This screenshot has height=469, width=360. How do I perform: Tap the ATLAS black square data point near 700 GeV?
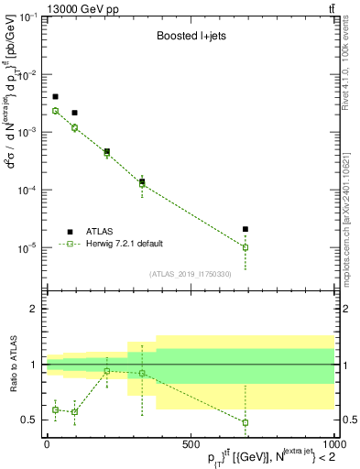pyautogui.click(x=245, y=229)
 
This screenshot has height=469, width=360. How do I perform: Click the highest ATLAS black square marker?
pyautogui.click(x=55, y=96)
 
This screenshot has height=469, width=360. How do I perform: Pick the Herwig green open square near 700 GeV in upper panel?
pyautogui.click(x=245, y=247)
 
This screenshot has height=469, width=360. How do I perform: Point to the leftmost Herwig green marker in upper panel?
pyautogui.click(x=55, y=111)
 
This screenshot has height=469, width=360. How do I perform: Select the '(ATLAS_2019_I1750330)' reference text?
pyautogui.click(x=189, y=274)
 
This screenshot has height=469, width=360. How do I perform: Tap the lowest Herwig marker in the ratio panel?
pyautogui.click(x=245, y=422)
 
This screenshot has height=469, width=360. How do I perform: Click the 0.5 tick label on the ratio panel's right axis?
pyautogui.click(x=346, y=420)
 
